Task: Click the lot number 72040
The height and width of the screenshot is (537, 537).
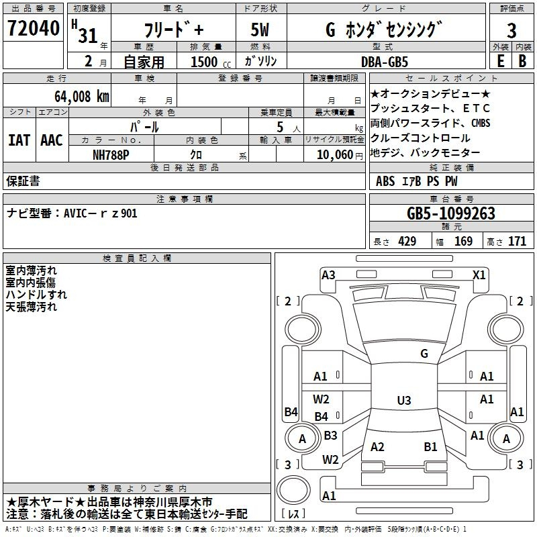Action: coord(34,28)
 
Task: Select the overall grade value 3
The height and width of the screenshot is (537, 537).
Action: coord(511,30)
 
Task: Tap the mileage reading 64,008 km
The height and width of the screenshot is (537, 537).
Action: coord(82,97)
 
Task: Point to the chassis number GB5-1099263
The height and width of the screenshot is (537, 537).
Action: coord(450,213)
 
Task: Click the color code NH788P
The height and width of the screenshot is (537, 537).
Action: coord(111,155)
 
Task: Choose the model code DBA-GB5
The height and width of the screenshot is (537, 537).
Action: coord(385,62)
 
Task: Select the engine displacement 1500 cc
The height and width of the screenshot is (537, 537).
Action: coord(211,62)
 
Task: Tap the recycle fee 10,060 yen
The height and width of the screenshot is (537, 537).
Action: coord(340,155)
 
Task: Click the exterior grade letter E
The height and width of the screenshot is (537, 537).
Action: coord(500,61)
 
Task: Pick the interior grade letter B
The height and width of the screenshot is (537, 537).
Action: coord(522,61)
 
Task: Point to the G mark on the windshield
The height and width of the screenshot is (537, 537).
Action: coord(424,353)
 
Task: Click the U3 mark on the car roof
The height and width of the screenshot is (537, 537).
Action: coord(404,400)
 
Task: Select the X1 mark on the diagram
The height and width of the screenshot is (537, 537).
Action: coord(479,275)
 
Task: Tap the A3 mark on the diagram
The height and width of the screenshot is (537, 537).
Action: coord(328,275)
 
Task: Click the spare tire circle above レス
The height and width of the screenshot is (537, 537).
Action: coord(293,490)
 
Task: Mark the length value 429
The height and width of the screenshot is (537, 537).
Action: coord(407,241)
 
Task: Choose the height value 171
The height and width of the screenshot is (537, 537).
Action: coord(517,241)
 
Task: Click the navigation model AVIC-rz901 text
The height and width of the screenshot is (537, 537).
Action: coord(72,213)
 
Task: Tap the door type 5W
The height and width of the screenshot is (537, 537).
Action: coord(260,30)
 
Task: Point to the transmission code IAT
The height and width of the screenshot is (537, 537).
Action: coord(19,140)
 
